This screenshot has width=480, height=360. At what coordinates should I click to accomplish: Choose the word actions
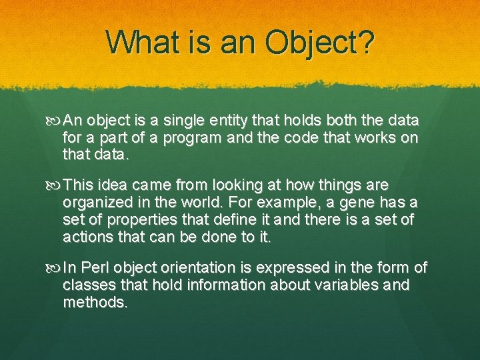click(87, 237)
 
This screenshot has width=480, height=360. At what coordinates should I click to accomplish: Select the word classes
click(87, 285)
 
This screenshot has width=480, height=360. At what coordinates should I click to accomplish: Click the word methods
click(95, 303)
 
